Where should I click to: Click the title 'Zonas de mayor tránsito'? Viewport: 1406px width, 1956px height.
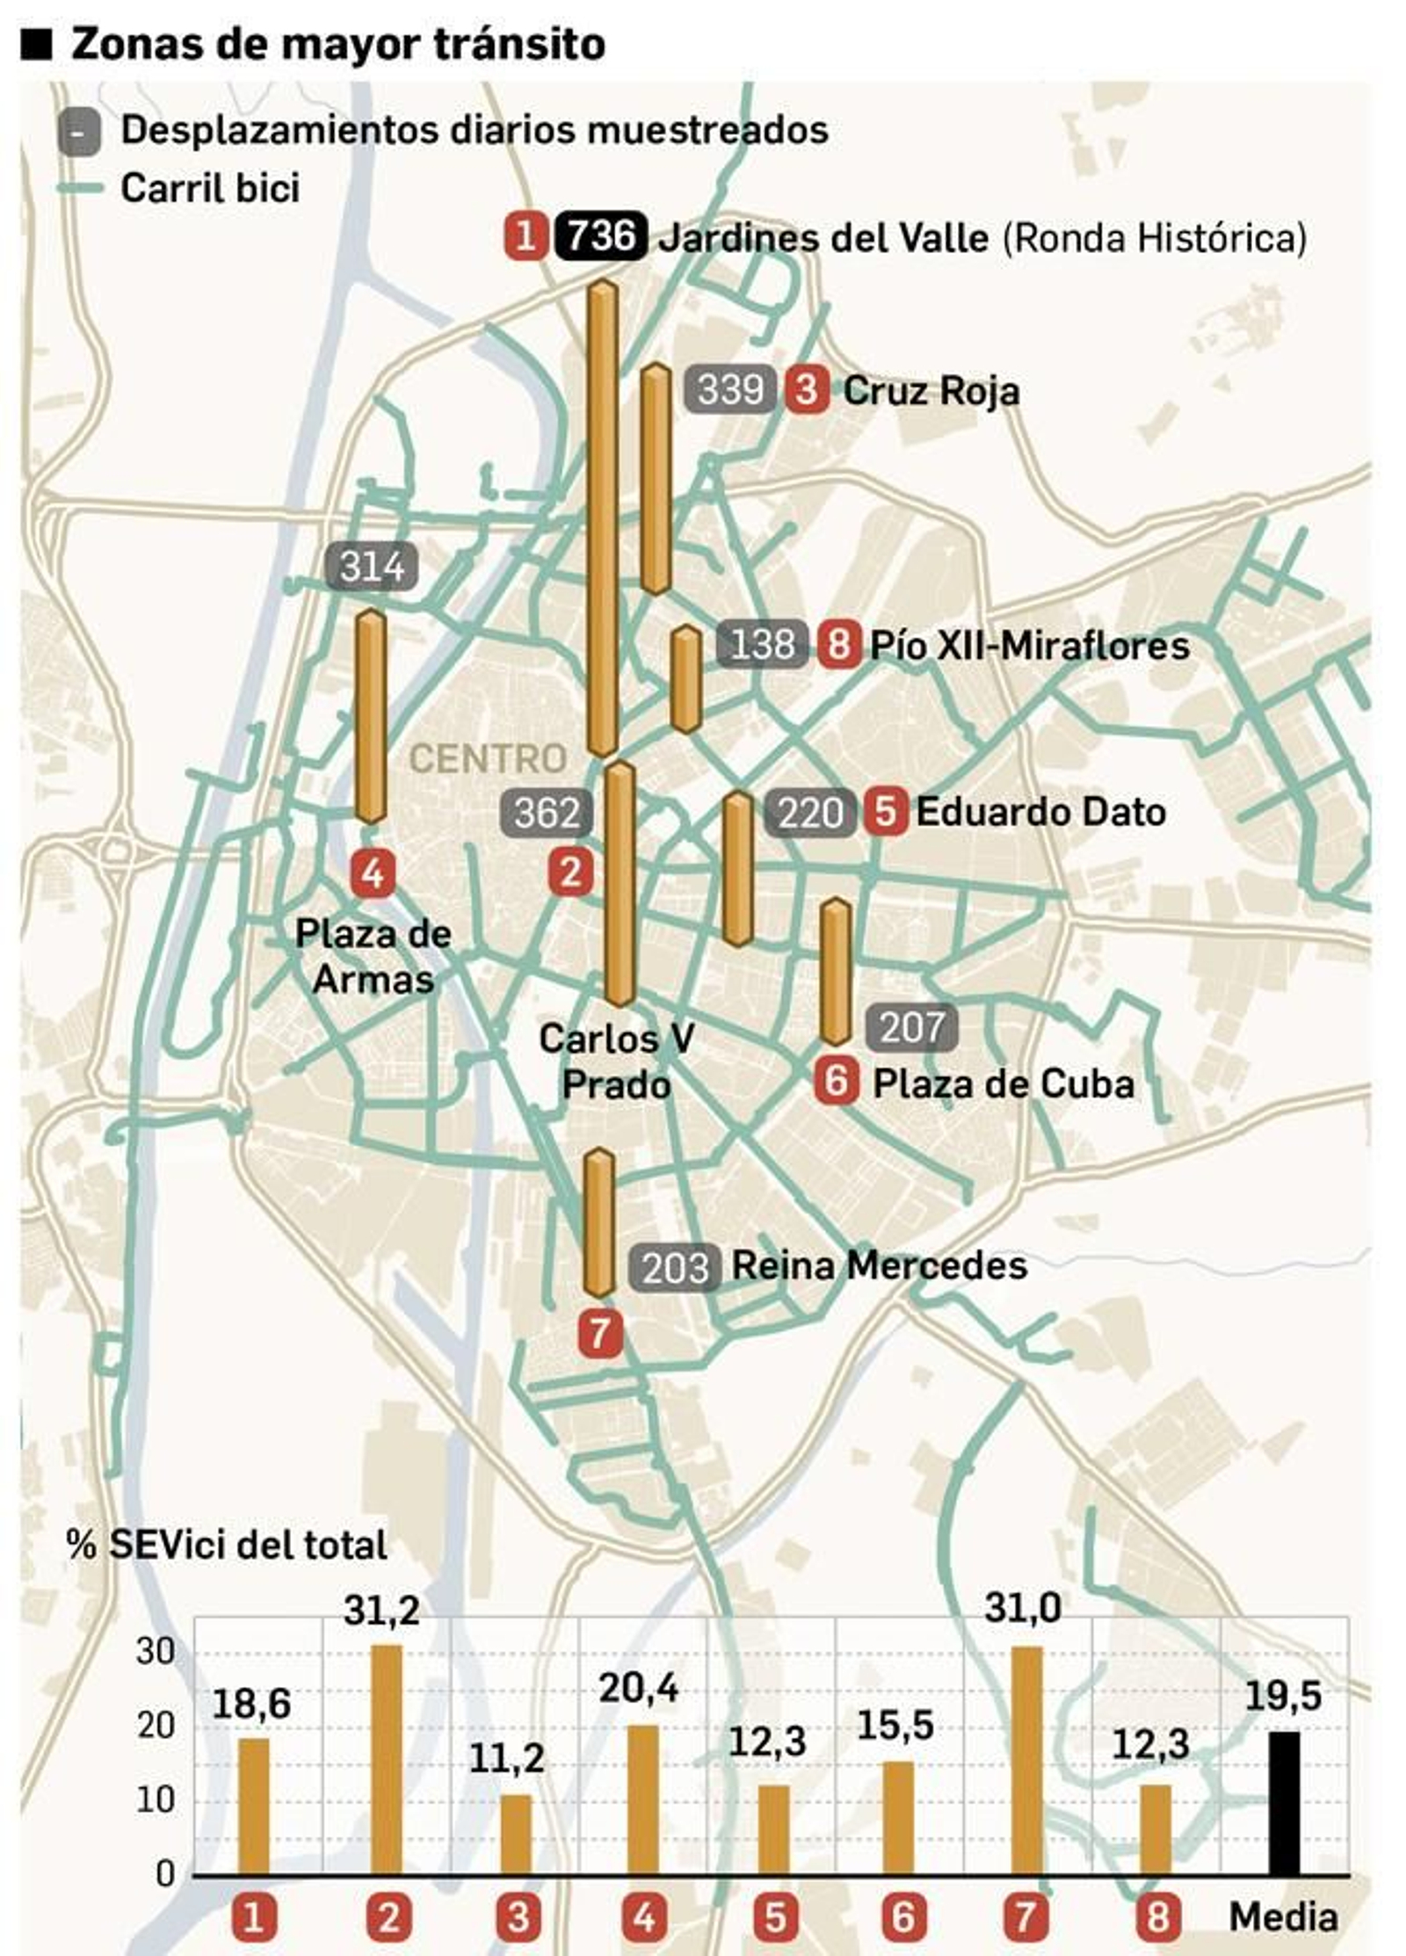click(337, 44)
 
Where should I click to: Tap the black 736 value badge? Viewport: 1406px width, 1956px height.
click(601, 236)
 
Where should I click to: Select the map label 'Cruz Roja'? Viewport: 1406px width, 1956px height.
click(931, 391)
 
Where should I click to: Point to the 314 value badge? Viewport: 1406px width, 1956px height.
click(372, 566)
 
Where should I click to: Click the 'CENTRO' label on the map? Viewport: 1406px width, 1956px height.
click(489, 758)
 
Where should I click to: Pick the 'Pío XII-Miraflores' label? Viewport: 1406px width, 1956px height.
click(1029, 646)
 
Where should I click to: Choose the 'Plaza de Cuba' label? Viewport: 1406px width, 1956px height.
click(1003, 1083)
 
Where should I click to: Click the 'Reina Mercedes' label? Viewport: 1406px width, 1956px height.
click(879, 1266)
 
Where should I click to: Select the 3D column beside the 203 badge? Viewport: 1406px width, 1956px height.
click(599, 1222)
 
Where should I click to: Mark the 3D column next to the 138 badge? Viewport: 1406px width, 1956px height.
click(685, 678)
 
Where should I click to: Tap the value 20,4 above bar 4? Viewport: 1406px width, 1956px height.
click(639, 1688)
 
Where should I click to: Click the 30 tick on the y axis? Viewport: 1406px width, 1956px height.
click(156, 1651)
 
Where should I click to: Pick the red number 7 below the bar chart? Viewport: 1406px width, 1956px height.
click(1026, 1917)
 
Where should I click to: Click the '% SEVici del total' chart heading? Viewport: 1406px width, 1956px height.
click(227, 1545)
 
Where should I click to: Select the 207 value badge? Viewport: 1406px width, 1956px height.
click(912, 1027)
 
